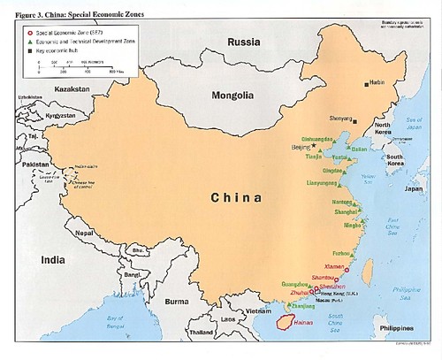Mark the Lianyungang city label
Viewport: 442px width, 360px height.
tap(323, 184)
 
